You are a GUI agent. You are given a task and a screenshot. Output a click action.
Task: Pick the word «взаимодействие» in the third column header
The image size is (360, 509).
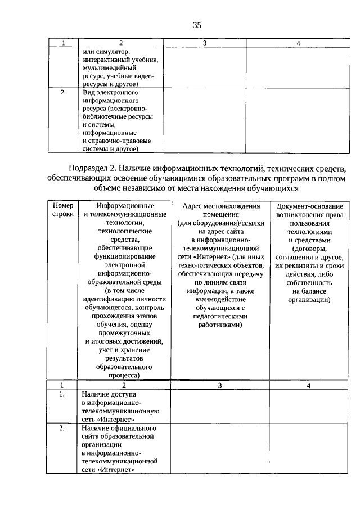point(220,299)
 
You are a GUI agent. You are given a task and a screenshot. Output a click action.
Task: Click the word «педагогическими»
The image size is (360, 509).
point(220,316)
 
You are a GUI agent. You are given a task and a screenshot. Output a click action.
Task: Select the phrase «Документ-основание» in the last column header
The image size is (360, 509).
point(308,206)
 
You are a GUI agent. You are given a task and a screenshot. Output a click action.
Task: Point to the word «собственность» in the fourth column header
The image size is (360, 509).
point(309,282)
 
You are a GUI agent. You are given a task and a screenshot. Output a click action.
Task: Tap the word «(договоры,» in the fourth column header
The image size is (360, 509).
point(309,248)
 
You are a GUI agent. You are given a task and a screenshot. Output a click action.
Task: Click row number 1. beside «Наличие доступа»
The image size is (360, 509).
point(63,395)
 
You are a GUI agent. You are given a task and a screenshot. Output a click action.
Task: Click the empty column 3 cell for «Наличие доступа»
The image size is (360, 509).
point(220,407)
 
